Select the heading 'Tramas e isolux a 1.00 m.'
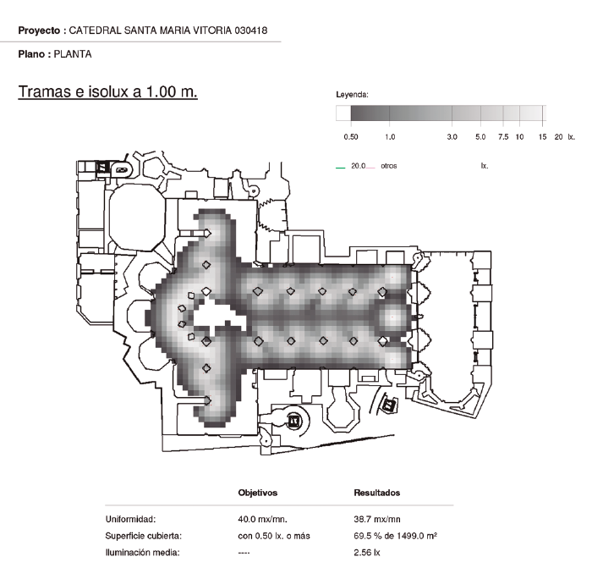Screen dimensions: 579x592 point(107,91)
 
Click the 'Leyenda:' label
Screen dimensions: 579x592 point(352,95)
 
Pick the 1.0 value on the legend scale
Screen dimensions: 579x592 point(391,136)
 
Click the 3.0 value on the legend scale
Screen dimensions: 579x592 point(452,136)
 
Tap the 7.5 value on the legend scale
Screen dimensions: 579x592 point(502,136)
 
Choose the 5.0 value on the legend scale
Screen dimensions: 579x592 point(480,136)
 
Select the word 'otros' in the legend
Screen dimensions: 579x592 point(388,166)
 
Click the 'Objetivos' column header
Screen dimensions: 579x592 point(258,493)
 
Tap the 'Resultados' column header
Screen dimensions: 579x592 point(377,493)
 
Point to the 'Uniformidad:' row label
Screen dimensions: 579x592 point(131,519)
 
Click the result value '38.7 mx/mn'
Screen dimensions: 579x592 point(377,519)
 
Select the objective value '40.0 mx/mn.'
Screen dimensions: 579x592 point(263,519)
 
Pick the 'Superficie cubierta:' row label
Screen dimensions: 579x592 point(144,536)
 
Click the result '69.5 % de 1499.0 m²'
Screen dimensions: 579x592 point(395,536)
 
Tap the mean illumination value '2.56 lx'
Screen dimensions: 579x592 point(367,553)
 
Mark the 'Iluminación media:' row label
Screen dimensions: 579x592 point(142,553)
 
